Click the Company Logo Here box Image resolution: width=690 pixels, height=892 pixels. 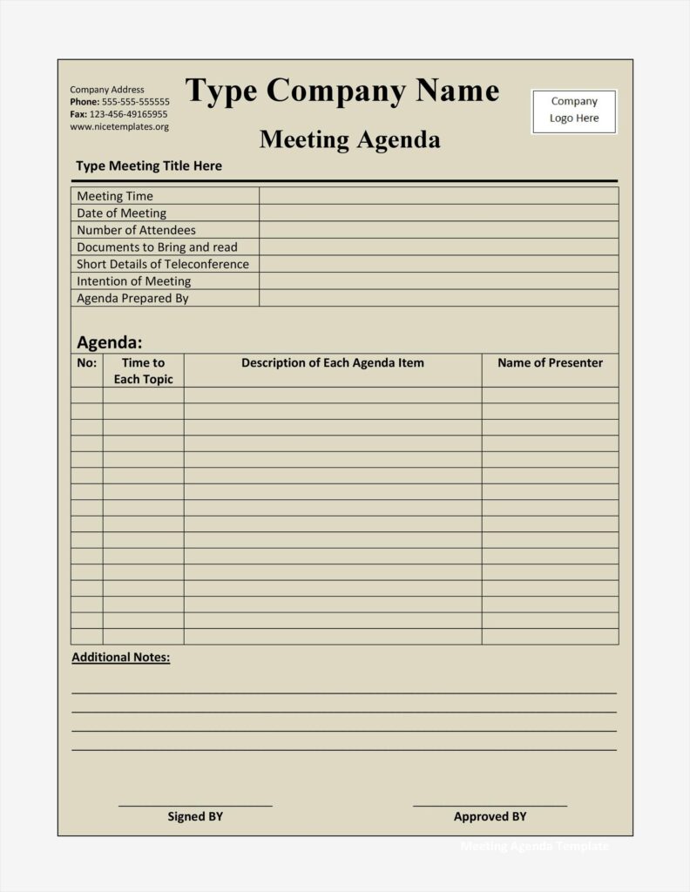pyautogui.click(x=574, y=111)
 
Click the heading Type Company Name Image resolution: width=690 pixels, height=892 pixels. pyautogui.click(x=342, y=91)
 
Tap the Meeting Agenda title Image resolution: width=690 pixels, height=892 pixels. pyautogui.click(x=349, y=139)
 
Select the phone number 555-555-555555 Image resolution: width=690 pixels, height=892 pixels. pyautogui.click(x=136, y=102)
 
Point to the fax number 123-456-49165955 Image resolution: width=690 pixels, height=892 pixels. pyautogui.click(x=129, y=114)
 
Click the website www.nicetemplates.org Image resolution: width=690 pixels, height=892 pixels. pyautogui.click(x=119, y=126)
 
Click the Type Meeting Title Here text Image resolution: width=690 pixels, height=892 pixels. pyautogui.click(x=149, y=166)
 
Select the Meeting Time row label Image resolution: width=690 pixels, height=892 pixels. pyautogui.click(x=115, y=196)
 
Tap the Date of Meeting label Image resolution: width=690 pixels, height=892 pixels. pyautogui.click(x=121, y=213)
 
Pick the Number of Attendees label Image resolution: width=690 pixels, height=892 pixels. pyautogui.click(x=136, y=230)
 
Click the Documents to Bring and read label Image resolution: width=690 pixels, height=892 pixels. pyautogui.click(x=157, y=247)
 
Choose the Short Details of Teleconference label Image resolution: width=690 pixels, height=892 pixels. pyautogui.click(x=163, y=264)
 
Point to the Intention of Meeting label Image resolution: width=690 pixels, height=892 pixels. pyautogui.click(x=133, y=280)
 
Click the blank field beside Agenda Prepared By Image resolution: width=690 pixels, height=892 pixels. pyautogui.click(x=438, y=298)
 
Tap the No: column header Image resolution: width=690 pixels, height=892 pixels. pyautogui.click(x=87, y=362)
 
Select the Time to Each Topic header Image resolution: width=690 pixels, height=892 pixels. pyautogui.click(x=143, y=370)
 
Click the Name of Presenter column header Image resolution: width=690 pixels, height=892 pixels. pyautogui.click(x=550, y=362)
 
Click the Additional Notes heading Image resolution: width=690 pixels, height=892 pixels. pyautogui.click(x=121, y=657)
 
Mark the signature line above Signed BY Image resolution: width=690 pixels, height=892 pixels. pyautogui.click(x=195, y=806)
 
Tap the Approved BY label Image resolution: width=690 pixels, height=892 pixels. pyautogui.click(x=490, y=816)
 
